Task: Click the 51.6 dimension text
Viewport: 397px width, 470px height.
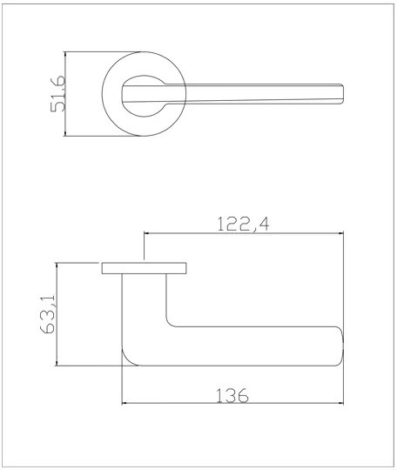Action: pos(57,94)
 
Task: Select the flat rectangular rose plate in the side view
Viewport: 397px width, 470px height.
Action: pos(145,267)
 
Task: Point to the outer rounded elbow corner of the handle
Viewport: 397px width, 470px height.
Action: pos(130,357)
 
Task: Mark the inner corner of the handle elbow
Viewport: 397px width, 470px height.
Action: pos(170,322)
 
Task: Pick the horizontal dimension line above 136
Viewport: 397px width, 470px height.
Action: pos(231,404)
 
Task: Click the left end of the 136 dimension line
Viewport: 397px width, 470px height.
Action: pos(123,404)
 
